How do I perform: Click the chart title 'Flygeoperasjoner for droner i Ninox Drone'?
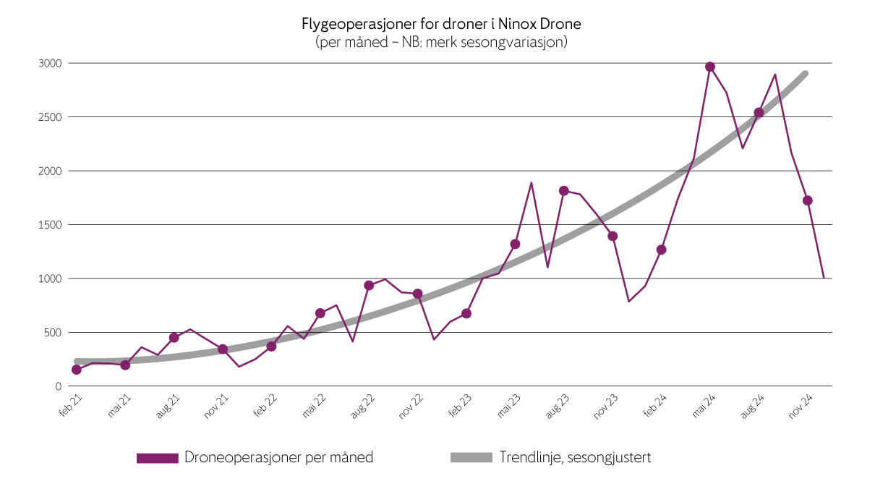point(441,24)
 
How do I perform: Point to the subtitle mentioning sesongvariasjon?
point(441,42)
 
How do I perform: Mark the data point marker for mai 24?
point(710,67)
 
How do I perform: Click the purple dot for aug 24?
point(759,113)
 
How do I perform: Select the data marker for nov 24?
point(808,200)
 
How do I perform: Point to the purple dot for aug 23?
point(564,191)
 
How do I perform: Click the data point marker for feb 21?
point(77,370)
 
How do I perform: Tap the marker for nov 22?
point(417,294)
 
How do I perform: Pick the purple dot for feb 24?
point(661,250)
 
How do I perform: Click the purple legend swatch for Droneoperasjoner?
point(157,458)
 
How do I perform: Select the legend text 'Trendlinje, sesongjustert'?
point(575,458)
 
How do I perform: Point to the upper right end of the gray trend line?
point(806,73)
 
